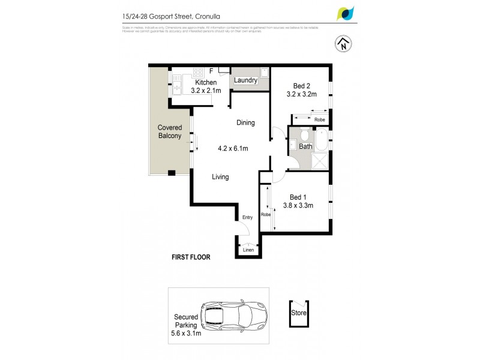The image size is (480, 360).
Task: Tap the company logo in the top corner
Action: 346,13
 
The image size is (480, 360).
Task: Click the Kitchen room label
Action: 206,82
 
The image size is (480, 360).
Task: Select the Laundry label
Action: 245,80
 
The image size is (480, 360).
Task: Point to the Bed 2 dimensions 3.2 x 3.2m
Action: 301,94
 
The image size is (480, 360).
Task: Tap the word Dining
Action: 245,123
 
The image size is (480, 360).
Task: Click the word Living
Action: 220,177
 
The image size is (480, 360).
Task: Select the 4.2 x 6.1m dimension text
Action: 233,148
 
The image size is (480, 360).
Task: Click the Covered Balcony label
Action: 170,132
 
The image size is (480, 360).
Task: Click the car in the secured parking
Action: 230,314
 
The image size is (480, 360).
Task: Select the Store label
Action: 299,313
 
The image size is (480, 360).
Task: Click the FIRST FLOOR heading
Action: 191,257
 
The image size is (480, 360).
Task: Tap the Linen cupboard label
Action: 248,250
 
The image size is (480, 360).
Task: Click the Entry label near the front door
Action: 248,218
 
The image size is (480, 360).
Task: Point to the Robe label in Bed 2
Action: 319,120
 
